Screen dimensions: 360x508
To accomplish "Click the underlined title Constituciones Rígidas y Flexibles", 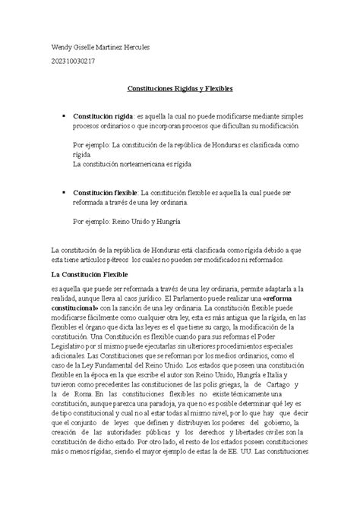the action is (x=180, y=89).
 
